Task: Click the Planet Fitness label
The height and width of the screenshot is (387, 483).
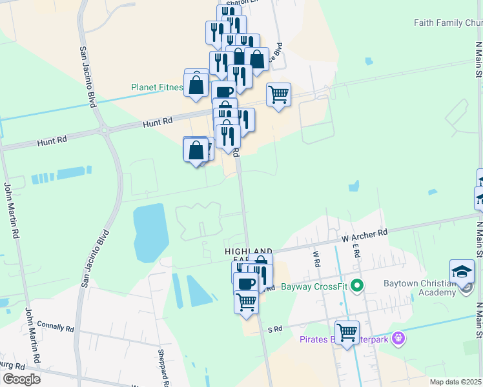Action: (x=156, y=86)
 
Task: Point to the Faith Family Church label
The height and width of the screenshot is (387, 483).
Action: (x=448, y=23)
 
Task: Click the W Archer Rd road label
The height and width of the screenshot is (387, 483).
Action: (x=365, y=236)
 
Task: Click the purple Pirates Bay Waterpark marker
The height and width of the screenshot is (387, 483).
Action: (x=399, y=337)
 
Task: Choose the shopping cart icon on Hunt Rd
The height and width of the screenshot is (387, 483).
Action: (x=278, y=94)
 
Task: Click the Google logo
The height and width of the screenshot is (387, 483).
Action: (x=21, y=379)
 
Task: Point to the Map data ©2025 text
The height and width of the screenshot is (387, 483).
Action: (x=456, y=382)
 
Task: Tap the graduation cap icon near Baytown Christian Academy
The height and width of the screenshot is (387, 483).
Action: (x=462, y=272)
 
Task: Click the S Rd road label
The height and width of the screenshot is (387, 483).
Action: (x=276, y=329)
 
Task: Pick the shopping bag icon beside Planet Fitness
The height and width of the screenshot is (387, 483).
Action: (x=196, y=84)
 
